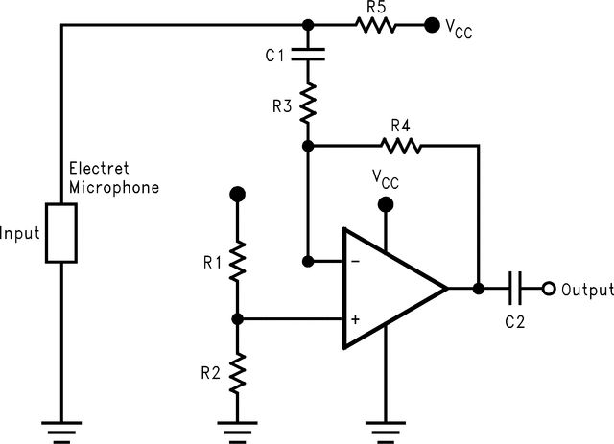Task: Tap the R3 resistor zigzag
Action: [x=308, y=103]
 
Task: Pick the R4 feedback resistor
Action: [x=401, y=146]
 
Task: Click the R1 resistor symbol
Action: [x=238, y=258]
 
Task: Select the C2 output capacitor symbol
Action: [x=516, y=288]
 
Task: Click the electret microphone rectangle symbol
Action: [x=61, y=232]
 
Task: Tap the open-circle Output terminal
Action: [x=549, y=288]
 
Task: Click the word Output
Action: [x=586, y=289]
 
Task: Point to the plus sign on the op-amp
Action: [x=354, y=318]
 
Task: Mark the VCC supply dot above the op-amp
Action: [x=386, y=204]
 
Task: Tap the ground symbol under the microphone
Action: [x=61, y=428]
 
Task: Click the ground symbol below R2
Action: [x=238, y=428]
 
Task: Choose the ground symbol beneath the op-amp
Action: [x=386, y=428]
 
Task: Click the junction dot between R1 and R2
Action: [x=238, y=318]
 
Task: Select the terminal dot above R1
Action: [x=238, y=195]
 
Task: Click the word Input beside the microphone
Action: [x=20, y=233]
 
